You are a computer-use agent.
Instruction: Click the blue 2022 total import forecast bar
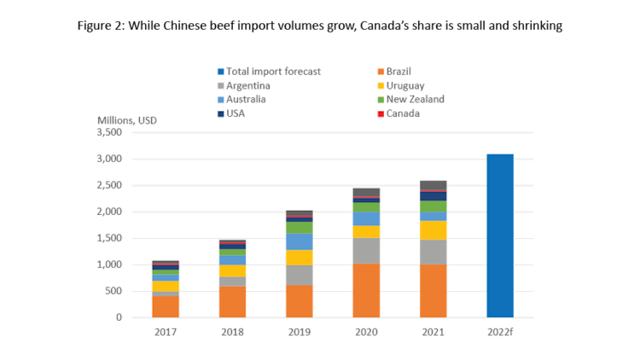[499, 235]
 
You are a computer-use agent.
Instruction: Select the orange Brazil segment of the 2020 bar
[366, 290]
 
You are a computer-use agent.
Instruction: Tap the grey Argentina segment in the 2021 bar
[433, 252]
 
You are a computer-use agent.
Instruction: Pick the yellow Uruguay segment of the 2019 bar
[299, 257]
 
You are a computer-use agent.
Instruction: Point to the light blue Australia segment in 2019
[299, 241]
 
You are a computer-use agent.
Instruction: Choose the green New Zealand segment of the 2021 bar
[433, 206]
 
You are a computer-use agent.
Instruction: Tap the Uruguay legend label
[404, 85]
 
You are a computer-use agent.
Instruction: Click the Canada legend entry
[402, 113]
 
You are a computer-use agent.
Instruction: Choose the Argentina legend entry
[248, 85]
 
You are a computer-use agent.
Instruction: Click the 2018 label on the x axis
[232, 331]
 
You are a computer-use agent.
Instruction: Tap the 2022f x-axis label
[500, 331]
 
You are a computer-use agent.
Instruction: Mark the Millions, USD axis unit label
[128, 120]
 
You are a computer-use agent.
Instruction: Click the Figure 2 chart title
[320, 26]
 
